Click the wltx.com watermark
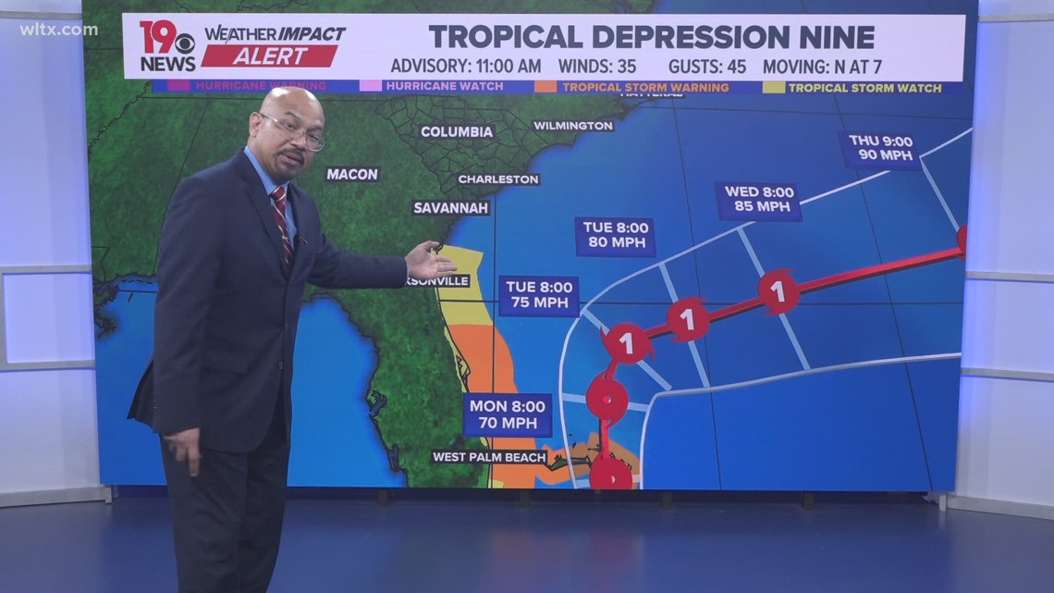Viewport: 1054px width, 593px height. [x=57, y=30]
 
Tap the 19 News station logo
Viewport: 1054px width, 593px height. [x=167, y=46]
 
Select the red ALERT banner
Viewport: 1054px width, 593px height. [x=270, y=56]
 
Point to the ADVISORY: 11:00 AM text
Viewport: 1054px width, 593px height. [x=466, y=67]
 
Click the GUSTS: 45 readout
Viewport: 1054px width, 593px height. [x=713, y=67]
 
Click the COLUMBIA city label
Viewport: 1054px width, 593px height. [x=457, y=132]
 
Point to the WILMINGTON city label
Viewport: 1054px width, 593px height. [x=573, y=126]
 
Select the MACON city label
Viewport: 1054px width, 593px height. [x=352, y=174]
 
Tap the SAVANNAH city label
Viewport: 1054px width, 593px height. [x=451, y=208]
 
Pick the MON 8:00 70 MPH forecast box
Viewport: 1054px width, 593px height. [x=507, y=414]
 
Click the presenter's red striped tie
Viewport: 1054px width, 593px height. [x=282, y=222]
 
